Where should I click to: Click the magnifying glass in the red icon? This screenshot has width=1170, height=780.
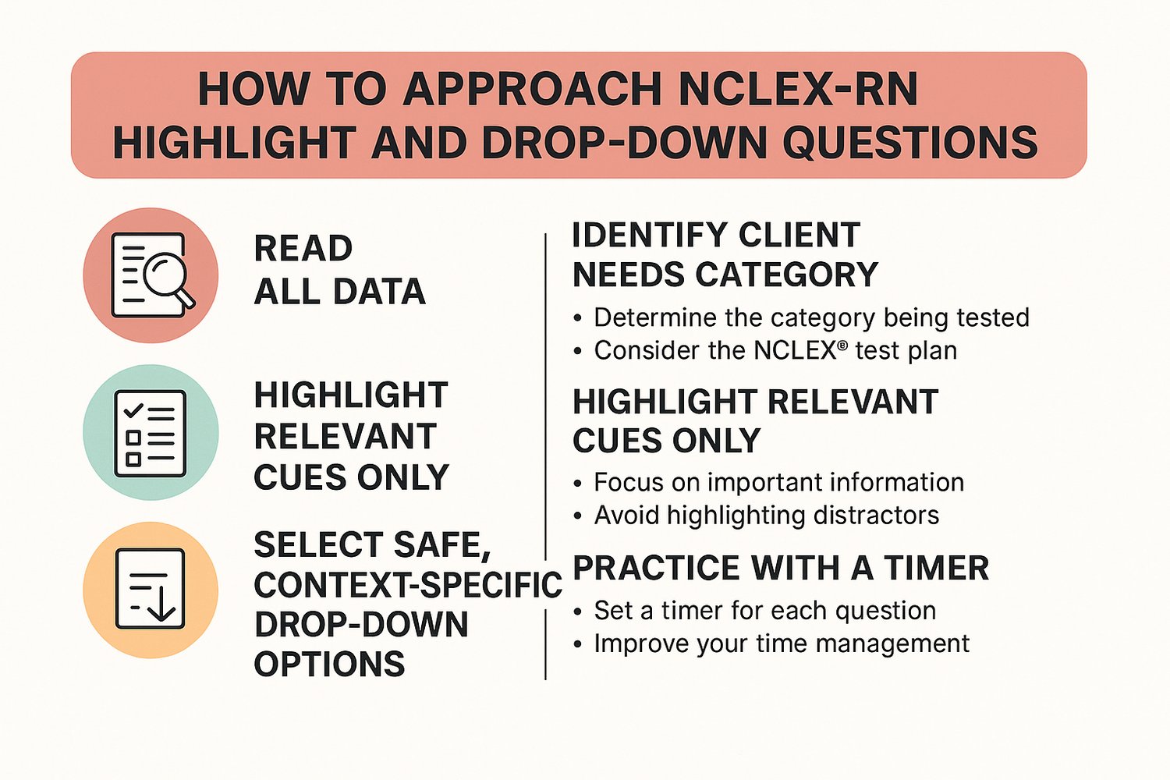pyautogui.click(x=165, y=275)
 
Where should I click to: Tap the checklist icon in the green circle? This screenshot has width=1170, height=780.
pyautogui.click(x=151, y=433)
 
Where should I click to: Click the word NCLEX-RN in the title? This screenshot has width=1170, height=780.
pyautogui.click(x=798, y=89)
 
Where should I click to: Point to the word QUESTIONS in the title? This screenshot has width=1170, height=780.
pyautogui.click(x=910, y=143)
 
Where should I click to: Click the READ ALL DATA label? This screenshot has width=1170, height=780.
pyautogui.click(x=339, y=270)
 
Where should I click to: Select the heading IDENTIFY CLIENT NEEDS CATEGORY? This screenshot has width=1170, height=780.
pyautogui.click(x=725, y=255)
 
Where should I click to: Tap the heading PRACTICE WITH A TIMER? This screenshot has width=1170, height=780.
pyautogui.click(x=781, y=568)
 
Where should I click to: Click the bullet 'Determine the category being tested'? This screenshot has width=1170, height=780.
pyautogui.click(x=811, y=317)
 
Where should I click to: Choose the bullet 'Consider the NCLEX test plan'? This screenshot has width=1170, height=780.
pyautogui.click(x=775, y=350)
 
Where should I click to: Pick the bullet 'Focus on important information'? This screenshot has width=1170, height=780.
pyautogui.click(x=778, y=482)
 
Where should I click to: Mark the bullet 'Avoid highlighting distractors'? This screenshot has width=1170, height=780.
pyautogui.click(x=766, y=515)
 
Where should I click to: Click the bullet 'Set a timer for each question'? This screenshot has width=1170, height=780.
pyautogui.click(x=764, y=610)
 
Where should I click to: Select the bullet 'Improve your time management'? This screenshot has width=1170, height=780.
pyautogui.click(x=782, y=643)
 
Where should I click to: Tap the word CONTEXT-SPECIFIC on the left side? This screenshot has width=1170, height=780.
pyautogui.click(x=408, y=585)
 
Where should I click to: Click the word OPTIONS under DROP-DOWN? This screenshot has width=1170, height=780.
pyautogui.click(x=329, y=665)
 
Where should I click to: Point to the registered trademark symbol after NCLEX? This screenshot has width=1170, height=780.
pyautogui.click(x=842, y=344)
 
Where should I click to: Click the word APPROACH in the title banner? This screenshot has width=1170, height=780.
pyautogui.click(x=532, y=89)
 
